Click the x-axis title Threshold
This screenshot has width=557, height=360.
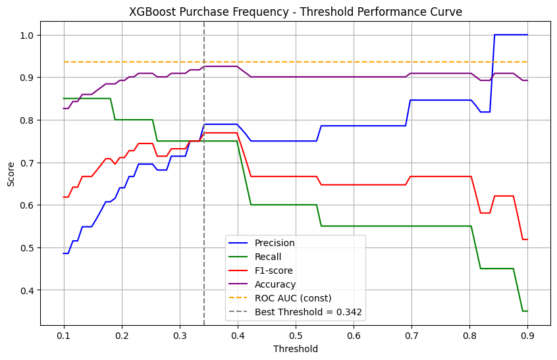(295, 349)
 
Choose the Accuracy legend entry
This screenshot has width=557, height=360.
(277, 284)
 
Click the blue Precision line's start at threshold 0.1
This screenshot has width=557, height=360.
(64, 253)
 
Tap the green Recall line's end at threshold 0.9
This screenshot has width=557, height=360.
(527, 311)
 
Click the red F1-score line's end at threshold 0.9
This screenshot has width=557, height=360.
(527, 239)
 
